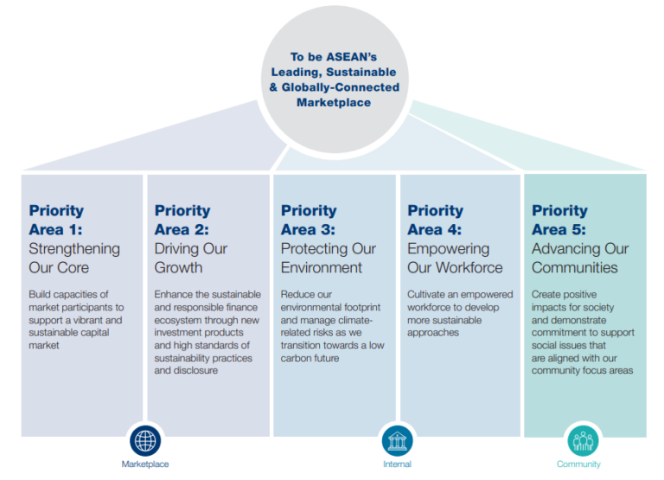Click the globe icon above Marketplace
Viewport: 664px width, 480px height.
145,440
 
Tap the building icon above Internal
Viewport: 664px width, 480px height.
397,440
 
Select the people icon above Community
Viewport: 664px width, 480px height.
583,440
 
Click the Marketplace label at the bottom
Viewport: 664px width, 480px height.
145,464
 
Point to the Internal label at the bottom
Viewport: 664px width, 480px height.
397,464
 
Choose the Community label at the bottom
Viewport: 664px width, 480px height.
578,464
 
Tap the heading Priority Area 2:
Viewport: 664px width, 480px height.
182,220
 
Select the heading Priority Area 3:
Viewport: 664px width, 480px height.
309,220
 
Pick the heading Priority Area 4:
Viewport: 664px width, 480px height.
435,220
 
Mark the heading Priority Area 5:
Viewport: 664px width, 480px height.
559,220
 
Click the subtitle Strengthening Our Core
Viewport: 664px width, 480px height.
74,258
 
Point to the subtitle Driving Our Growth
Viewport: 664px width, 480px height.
191,258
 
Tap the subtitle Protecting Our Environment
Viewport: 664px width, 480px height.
329,258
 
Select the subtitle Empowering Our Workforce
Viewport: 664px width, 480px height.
455,258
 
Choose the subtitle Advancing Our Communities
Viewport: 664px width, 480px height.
580,258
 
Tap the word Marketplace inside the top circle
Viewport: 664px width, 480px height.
334,102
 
